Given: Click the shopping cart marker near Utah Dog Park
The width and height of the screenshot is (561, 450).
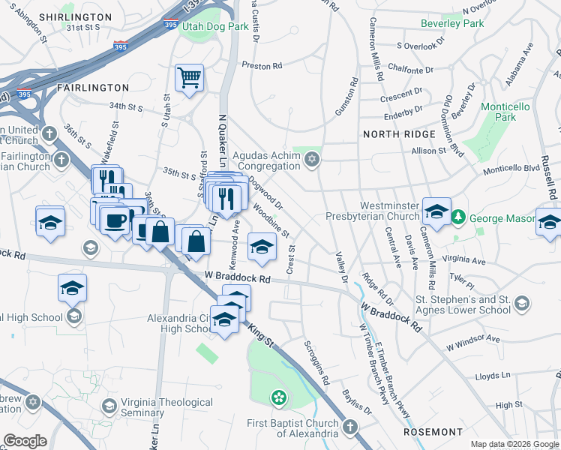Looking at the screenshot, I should (189, 78).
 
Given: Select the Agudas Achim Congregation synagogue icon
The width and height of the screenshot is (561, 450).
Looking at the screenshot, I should (311, 159).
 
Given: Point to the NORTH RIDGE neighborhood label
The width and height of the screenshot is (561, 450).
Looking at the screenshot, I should (399, 134).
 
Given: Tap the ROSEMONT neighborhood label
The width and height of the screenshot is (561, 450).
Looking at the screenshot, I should (433, 432).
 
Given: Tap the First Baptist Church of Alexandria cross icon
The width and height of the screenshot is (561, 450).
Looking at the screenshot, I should (349, 427).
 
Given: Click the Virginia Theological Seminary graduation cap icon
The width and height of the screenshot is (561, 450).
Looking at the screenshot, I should (109, 406).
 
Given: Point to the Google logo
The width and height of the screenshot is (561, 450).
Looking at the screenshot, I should (25, 441).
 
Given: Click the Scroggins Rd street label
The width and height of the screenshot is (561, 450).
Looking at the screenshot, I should (316, 363).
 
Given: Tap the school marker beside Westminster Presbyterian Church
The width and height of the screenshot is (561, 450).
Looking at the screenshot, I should (436, 211).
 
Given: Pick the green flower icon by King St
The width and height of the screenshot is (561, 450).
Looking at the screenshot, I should (279, 397).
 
